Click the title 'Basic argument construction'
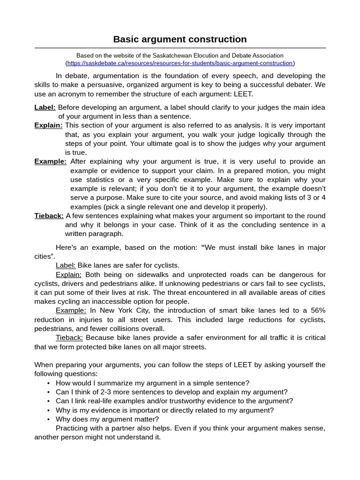[180, 39]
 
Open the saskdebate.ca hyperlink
[180, 63]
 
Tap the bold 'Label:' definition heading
[45, 107]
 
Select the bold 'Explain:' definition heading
[48, 126]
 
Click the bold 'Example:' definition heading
[50, 162]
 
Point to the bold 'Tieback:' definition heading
[49, 216]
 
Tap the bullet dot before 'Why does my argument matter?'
[49, 419]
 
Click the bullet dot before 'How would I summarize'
[49, 383]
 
